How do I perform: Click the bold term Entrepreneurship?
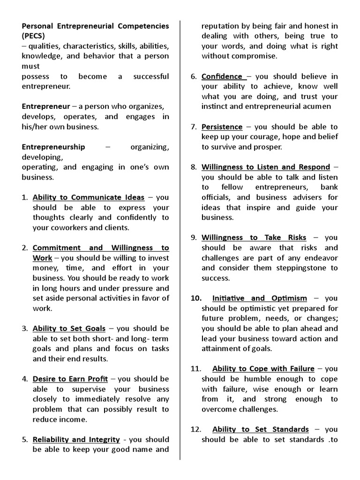(53, 147)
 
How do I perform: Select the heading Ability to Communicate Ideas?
(89, 197)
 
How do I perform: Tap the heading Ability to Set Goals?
(69, 329)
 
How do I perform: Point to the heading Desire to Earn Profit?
(70, 379)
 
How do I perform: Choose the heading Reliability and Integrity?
(76, 440)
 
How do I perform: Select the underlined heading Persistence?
(222, 127)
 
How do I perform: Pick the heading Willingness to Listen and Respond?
(266, 167)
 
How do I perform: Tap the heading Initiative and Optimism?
(260, 299)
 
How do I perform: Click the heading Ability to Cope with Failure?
(263, 369)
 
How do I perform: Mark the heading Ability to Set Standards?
(260, 429)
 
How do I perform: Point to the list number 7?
(194, 127)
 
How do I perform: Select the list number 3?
(25, 329)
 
